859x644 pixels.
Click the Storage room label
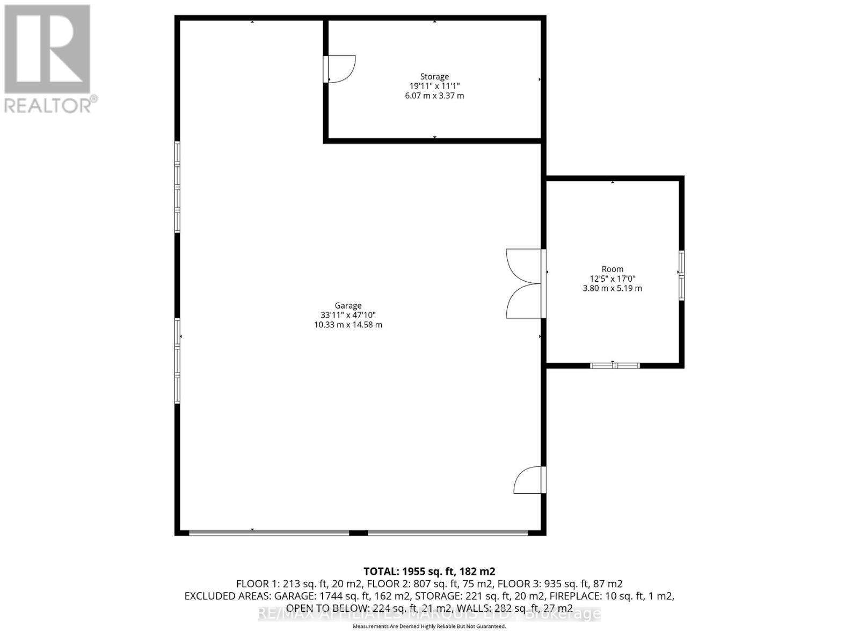(434, 77)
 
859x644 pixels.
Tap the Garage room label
(348, 305)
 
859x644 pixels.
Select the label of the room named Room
(612, 269)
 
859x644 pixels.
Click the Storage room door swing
(340, 69)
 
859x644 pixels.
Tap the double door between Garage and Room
(524, 283)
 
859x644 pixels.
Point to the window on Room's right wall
(681, 275)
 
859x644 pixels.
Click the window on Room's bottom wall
(615, 366)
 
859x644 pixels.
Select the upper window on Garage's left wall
(177, 187)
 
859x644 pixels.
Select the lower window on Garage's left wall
(177, 361)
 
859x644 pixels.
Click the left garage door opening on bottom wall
(268, 533)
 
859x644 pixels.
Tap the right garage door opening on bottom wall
(448, 533)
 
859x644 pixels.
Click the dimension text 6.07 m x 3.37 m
(434, 96)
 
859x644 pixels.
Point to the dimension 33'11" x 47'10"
(348, 315)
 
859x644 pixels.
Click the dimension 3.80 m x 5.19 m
(612, 288)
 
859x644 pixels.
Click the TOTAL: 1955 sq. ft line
(429, 572)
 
